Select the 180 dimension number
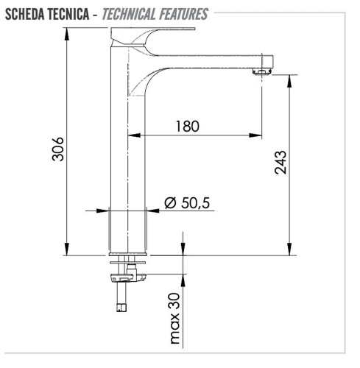(x=187, y=126)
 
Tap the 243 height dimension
(x=280, y=163)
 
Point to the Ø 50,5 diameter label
(x=188, y=203)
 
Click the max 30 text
(x=174, y=318)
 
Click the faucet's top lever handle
(x=155, y=33)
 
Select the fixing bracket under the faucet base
(x=127, y=277)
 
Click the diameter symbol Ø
(x=169, y=203)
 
